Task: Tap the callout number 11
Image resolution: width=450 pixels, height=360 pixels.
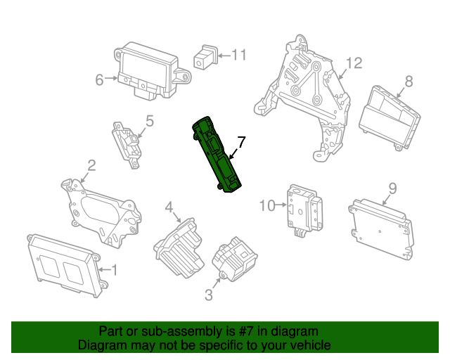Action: [x=239, y=54]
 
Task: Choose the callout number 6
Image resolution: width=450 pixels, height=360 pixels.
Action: [x=100, y=79]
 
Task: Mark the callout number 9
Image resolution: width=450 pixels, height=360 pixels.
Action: [x=392, y=188]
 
